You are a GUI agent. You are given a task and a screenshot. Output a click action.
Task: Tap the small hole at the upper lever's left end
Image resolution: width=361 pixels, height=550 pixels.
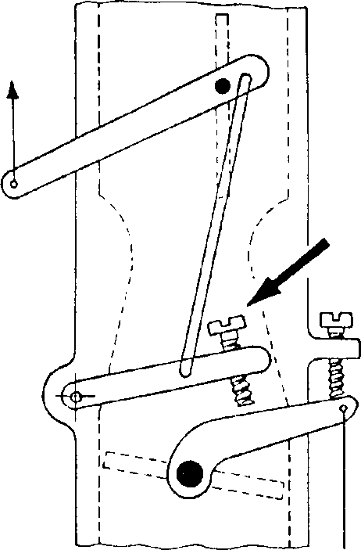click(14, 183)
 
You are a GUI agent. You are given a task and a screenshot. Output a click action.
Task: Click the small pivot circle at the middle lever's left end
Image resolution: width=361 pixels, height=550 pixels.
click(75, 397)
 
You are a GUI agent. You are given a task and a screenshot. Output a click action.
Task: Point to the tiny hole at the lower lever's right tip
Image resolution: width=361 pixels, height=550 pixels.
click(343, 408)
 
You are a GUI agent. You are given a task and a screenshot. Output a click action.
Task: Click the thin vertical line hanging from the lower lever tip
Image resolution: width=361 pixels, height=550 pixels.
click(344, 485)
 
